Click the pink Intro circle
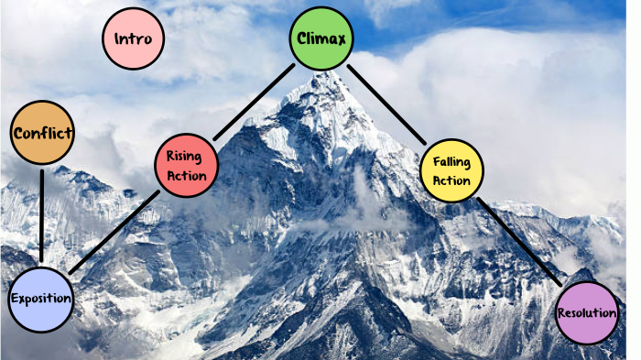(134, 39)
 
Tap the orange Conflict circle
(42, 134)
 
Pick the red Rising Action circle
(187, 166)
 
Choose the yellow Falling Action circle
(451, 170)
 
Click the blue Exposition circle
(39, 300)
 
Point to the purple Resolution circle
(587, 313)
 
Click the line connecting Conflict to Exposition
(41, 216)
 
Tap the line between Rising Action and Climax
(255, 101)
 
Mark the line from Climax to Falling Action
(387, 104)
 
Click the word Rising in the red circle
(184, 156)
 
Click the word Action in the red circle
(188, 176)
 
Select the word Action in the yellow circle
(452, 180)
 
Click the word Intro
(134, 39)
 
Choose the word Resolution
(587, 313)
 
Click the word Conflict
(42, 134)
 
